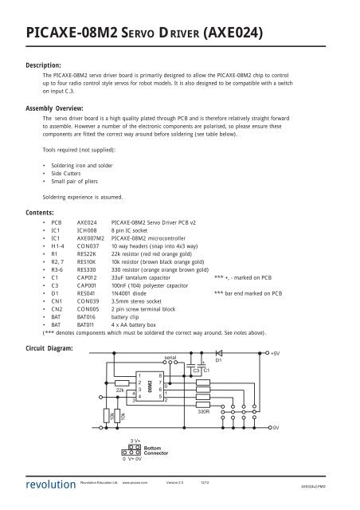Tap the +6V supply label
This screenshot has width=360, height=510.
point(276,352)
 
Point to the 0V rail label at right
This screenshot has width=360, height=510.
point(276,429)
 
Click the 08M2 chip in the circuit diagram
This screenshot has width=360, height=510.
point(149,386)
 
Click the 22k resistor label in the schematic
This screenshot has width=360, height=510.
point(120,390)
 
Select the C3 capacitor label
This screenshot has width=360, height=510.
point(196,371)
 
